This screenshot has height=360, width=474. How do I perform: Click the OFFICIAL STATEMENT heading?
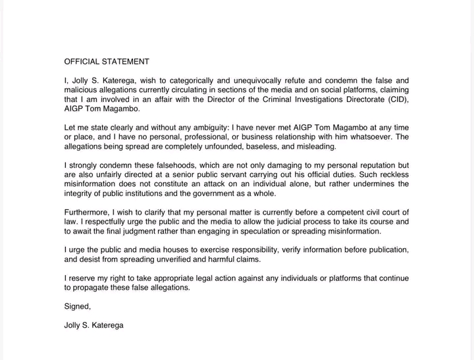pyautogui.click(x=107, y=62)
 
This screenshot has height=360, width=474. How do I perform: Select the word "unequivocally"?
pyautogui.click(x=274, y=81)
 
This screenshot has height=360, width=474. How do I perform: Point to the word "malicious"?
pyautogui.click(x=82, y=90)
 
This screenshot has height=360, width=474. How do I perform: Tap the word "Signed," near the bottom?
pyautogui.click(x=78, y=306)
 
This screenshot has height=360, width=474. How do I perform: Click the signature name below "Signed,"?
pyautogui.click(x=93, y=325)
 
